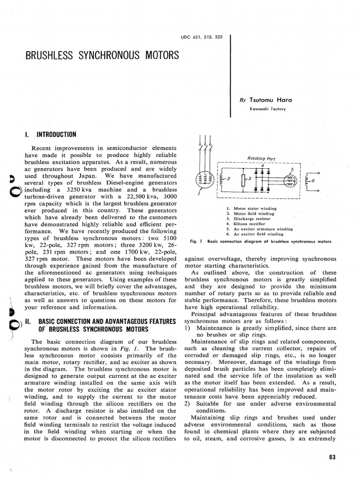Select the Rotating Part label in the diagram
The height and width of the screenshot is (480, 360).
257,158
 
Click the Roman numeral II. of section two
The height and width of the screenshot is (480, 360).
27,321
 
